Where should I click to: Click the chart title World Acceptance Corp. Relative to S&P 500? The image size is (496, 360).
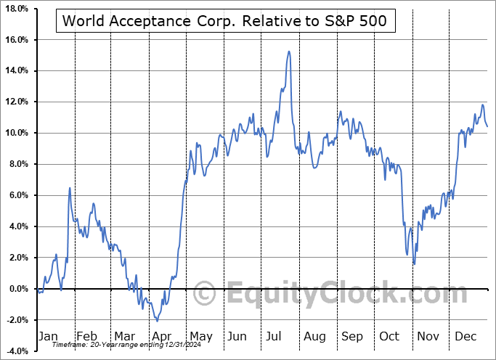point(225,21)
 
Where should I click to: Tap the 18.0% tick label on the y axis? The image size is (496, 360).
point(15,8)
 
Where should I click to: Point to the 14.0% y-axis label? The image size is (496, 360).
point(15,70)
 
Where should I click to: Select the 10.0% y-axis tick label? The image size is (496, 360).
point(15,133)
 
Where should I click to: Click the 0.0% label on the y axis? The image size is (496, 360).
point(17,289)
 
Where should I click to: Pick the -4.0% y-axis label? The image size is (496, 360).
point(15,351)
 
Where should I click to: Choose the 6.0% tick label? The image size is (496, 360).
point(17,195)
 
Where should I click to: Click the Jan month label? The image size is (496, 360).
point(47,337)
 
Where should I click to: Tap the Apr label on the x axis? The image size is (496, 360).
point(161,337)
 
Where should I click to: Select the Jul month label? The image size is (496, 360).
point(275,337)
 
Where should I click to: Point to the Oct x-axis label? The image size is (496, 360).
point(390,337)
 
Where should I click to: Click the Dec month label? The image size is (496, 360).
point(465,337)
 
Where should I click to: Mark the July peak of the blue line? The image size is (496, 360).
point(289,52)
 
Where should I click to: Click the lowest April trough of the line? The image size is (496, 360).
point(158,321)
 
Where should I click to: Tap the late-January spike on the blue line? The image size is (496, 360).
point(70,188)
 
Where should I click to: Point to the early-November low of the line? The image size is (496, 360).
point(414,263)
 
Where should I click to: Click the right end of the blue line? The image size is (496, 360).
point(487,127)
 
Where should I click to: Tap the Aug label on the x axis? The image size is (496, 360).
point(314,337)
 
